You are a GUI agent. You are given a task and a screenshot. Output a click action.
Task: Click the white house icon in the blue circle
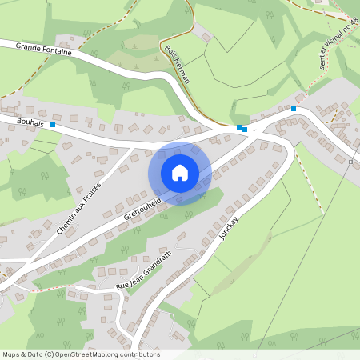click(180, 172)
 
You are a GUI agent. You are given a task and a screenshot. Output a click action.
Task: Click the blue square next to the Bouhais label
click(53, 125)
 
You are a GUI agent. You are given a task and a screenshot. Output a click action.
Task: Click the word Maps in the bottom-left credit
click(11, 354)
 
